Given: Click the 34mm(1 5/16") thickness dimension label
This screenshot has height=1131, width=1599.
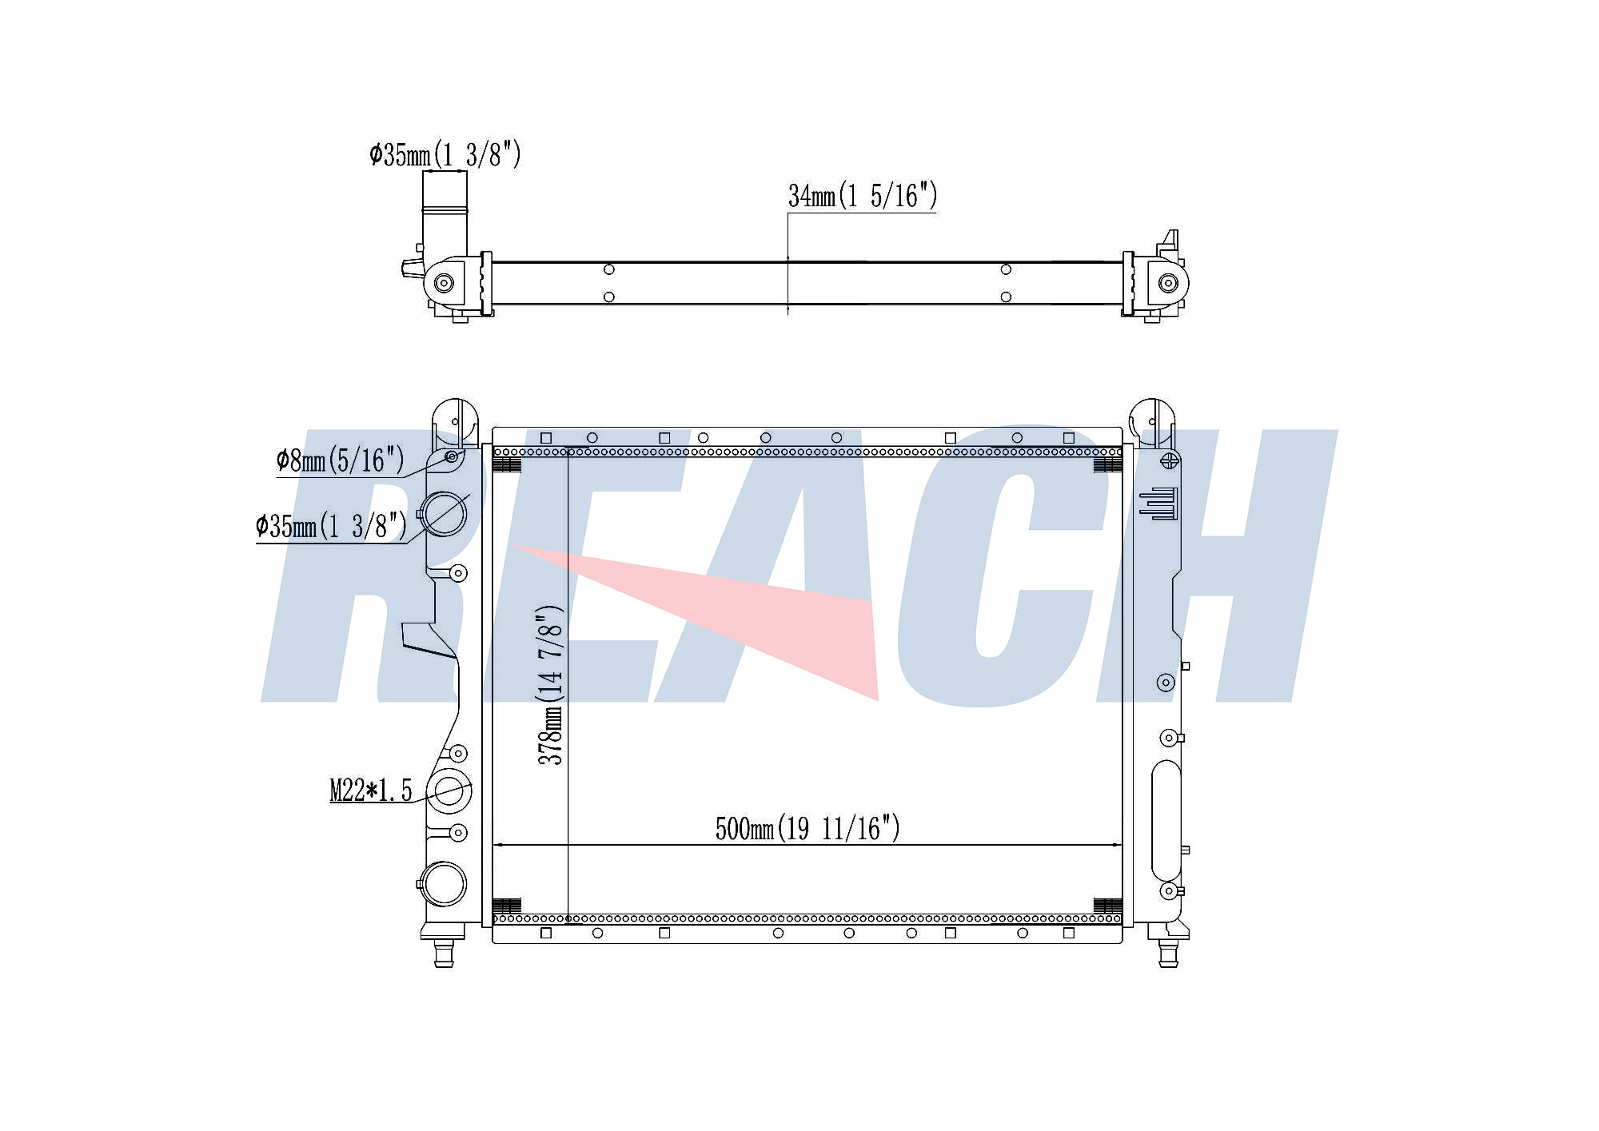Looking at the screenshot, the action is click(862, 196).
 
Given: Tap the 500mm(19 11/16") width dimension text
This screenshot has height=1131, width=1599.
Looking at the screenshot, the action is click(807, 828).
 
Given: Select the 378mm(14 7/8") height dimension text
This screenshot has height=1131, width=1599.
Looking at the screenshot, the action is click(551, 685).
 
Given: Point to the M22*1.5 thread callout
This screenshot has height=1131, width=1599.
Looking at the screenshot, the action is click(371, 791).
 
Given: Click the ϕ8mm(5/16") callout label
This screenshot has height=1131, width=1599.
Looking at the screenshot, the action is click(341, 460).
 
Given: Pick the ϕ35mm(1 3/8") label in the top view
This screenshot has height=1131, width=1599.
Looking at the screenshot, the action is click(445, 153).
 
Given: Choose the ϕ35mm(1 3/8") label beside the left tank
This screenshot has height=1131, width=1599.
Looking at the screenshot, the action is click(332, 526).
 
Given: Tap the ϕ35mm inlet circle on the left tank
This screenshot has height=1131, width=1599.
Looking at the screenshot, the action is click(443, 513).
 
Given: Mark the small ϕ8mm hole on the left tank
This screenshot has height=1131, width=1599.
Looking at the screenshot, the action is click(452, 456).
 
